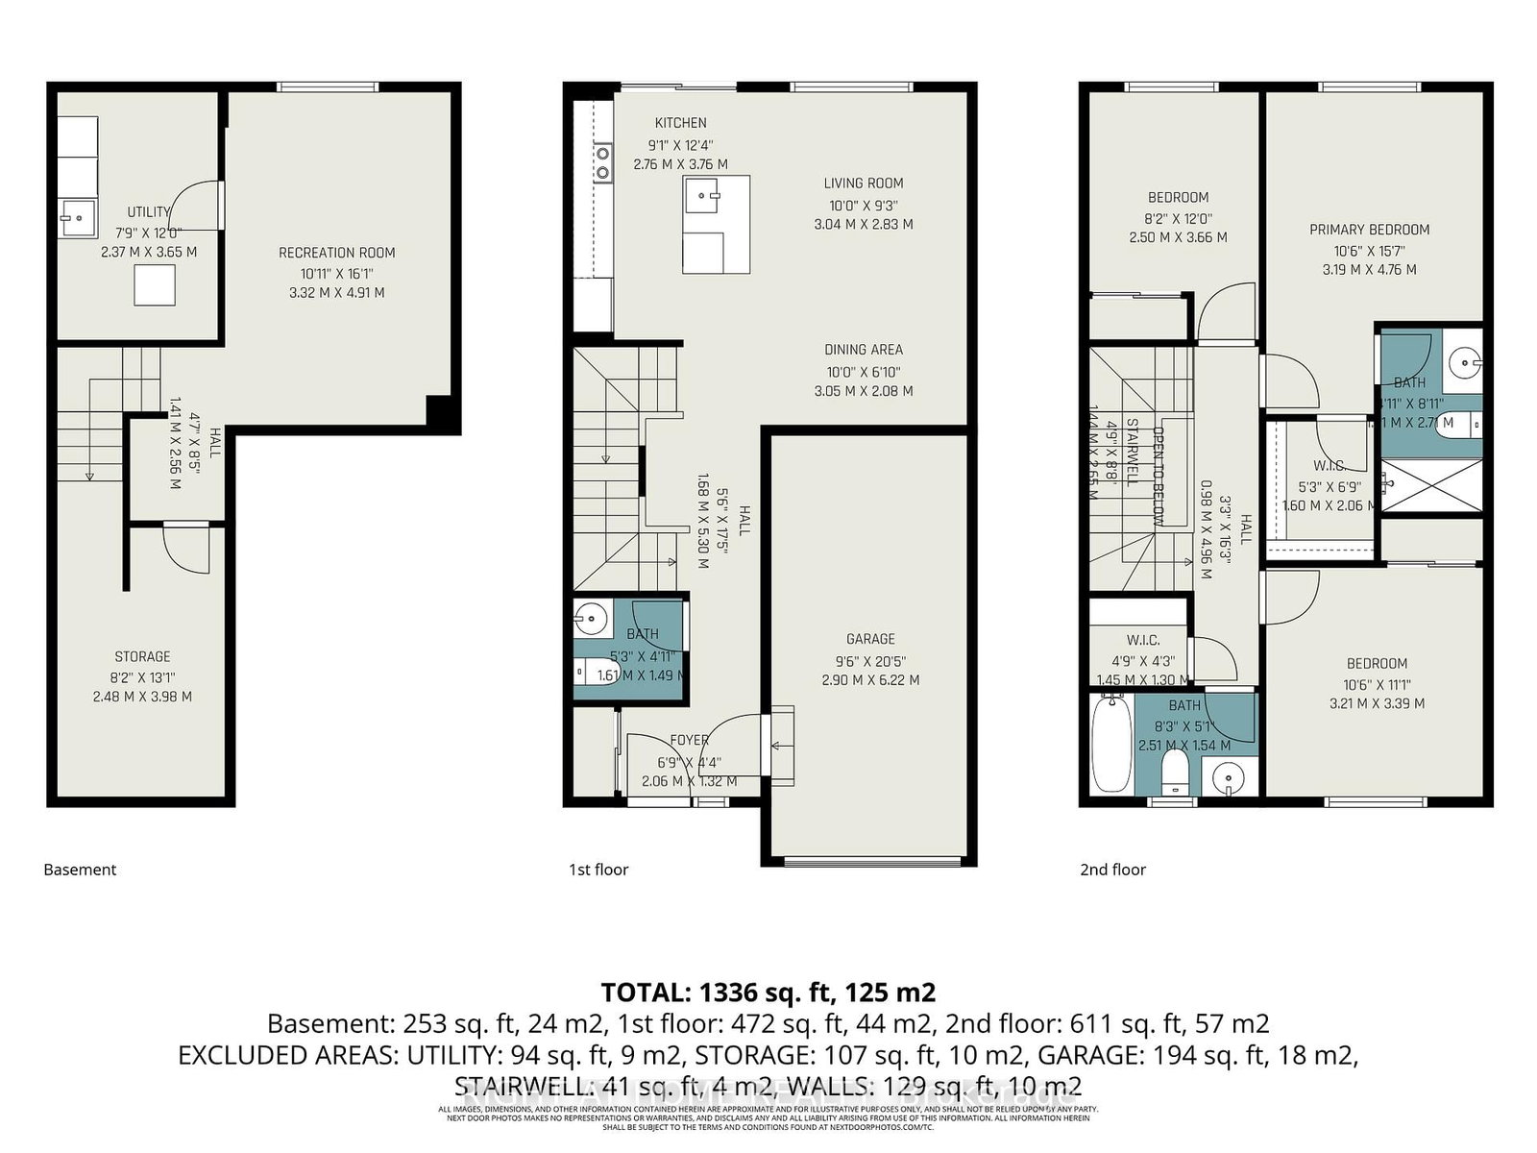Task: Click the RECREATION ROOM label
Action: pyautogui.click(x=336, y=253)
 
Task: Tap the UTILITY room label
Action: pyautogui.click(x=148, y=212)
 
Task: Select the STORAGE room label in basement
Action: pyautogui.click(x=142, y=656)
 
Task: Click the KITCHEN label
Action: pyautogui.click(x=680, y=123)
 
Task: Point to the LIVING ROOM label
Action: pyautogui.click(x=863, y=184)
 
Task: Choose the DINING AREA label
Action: pyautogui.click(x=863, y=350)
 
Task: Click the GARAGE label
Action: pyautogui.click(x=870, y=639)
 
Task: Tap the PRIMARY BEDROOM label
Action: pyautogui.click(x=1369, y=230)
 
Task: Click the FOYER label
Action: pyautogui.click(x=689, y=740)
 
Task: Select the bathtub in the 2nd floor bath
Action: pyautogui.click(x=1110, y=746)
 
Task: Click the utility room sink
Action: pyautogui.click(x=77, y=217)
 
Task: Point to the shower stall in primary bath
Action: pyautogui.click(x=1431, y=486)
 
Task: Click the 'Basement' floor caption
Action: pyautogui.click(x=80, y=870)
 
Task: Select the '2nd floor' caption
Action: pyautogui.click(x=1112, y=870)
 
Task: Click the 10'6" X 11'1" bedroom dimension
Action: pyautogui.click(x=1376, y=684)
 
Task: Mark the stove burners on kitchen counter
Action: pyautogui.click(x=603, y=162)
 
